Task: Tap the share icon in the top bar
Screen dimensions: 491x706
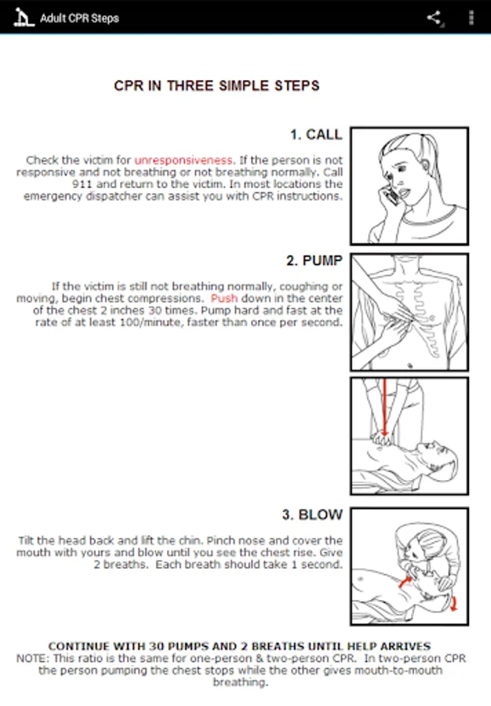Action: [434, 17]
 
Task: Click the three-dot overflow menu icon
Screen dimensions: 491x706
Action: [471, 17]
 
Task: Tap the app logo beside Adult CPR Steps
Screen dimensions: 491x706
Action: [23, 17]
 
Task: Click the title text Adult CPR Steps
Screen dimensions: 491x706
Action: [80, 18]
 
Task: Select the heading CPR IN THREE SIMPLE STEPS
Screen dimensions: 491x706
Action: [216, 86]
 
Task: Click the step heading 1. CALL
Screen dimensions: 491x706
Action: [316, 135]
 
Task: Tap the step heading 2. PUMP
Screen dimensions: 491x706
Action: [315, 260]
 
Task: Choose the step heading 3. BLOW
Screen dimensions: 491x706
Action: [312, 515]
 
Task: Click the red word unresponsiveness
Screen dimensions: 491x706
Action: [184, 160]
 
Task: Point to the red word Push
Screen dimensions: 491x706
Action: [224, 298]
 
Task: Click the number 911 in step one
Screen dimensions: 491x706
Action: [82, 184]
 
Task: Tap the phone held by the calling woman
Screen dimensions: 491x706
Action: [391, 195]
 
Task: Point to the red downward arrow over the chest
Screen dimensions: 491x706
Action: [385, 408]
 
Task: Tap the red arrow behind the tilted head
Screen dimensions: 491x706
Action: [453, 602]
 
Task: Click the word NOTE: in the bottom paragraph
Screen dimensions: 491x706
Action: [32, 658]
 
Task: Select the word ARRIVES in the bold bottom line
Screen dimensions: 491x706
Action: [405, 646]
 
